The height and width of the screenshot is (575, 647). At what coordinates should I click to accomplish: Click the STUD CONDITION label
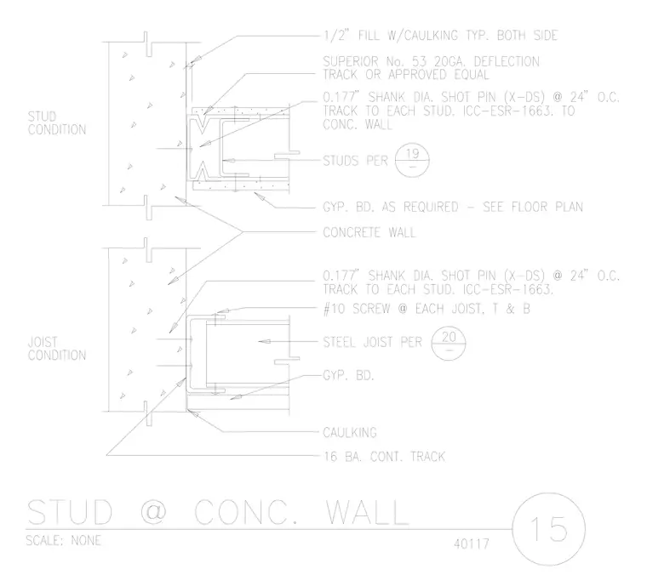point(57,122)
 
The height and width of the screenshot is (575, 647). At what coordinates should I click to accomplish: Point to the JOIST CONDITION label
point(57,348)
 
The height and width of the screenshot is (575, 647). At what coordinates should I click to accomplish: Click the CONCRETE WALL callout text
point(369,232)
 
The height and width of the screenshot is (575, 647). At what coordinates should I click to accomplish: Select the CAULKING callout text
point(350,432)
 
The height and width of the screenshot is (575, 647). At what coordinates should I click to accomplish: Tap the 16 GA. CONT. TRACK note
point(384,457)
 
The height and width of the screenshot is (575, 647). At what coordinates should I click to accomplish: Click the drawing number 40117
point(472,544)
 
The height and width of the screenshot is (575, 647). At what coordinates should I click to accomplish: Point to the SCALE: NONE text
point(64,540)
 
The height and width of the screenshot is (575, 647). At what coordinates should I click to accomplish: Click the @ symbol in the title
point(153,512)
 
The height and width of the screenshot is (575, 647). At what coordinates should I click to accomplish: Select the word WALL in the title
point(367,512)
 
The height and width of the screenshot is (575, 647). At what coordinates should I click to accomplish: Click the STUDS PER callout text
point(355,161)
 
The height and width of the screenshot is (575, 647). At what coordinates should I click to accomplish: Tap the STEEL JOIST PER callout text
point(372,342)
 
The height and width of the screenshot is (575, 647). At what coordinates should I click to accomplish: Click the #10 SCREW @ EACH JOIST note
point(427,309)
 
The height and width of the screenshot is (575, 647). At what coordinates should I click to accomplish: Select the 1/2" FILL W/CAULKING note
point(440,36)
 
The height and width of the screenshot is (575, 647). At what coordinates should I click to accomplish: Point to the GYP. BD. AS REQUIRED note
point(453,207)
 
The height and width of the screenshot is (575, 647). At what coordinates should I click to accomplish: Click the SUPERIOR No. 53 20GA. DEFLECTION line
point(431,61)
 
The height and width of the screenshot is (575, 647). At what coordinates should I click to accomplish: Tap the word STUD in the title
point(70,512)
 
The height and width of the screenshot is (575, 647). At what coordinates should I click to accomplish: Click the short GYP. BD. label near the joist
point(348,375)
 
